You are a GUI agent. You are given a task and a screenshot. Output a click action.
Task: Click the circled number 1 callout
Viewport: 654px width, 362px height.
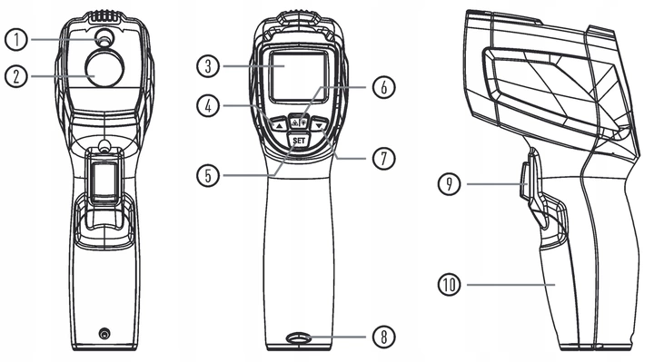point(16,40)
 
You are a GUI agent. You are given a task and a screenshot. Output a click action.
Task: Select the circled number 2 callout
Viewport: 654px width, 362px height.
point(16,76)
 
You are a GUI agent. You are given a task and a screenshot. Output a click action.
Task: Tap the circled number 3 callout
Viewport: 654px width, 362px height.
point(208,66)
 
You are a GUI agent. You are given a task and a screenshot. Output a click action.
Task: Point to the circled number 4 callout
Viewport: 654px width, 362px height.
point(208,105)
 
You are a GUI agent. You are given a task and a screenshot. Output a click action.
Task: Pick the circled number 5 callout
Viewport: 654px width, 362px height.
point(208,175)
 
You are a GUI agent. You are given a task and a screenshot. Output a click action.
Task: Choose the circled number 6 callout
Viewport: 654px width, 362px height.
point(383,87)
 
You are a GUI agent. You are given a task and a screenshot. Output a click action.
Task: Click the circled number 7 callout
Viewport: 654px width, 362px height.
point(383,158)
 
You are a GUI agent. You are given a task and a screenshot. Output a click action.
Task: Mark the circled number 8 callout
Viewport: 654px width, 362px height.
point(383,337)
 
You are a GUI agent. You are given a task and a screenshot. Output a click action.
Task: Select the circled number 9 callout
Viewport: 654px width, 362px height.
point(450,183)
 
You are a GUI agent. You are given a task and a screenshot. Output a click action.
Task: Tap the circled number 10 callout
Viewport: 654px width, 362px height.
point(450,285)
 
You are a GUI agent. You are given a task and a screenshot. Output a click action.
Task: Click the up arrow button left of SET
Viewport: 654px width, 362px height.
point(278,123)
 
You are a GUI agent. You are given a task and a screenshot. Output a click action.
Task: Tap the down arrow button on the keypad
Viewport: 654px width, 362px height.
point(320,123)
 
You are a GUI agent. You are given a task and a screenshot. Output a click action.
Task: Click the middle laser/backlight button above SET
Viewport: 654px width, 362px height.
point(299,122)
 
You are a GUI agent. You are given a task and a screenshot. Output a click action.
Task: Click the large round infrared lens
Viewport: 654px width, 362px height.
point(104,66)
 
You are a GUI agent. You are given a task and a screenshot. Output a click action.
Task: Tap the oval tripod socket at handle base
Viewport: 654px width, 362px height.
point(299,338)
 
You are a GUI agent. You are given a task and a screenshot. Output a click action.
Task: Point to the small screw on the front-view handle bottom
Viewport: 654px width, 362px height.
point(104,333)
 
